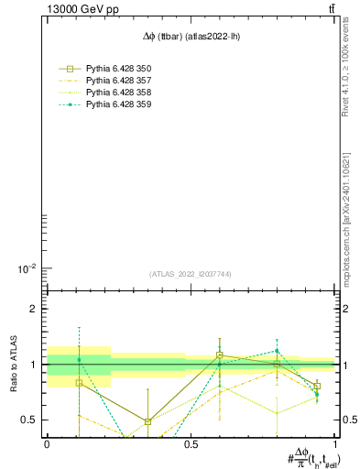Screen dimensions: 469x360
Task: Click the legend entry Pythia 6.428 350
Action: pos(118,69)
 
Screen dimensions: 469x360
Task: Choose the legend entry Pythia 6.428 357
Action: pos(118,81)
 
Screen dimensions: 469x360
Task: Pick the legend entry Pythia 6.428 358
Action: pos(118,93)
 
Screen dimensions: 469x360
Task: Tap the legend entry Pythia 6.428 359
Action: pos(118,104)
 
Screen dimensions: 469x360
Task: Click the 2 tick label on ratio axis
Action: pos(32,310)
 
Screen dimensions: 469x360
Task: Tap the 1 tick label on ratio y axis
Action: pos(32,365)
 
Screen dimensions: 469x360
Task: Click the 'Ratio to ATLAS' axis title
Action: pos(13,365)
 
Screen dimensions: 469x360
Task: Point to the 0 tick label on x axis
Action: pos(46,444)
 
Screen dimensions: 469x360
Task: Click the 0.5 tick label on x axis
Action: pos(191,444)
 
